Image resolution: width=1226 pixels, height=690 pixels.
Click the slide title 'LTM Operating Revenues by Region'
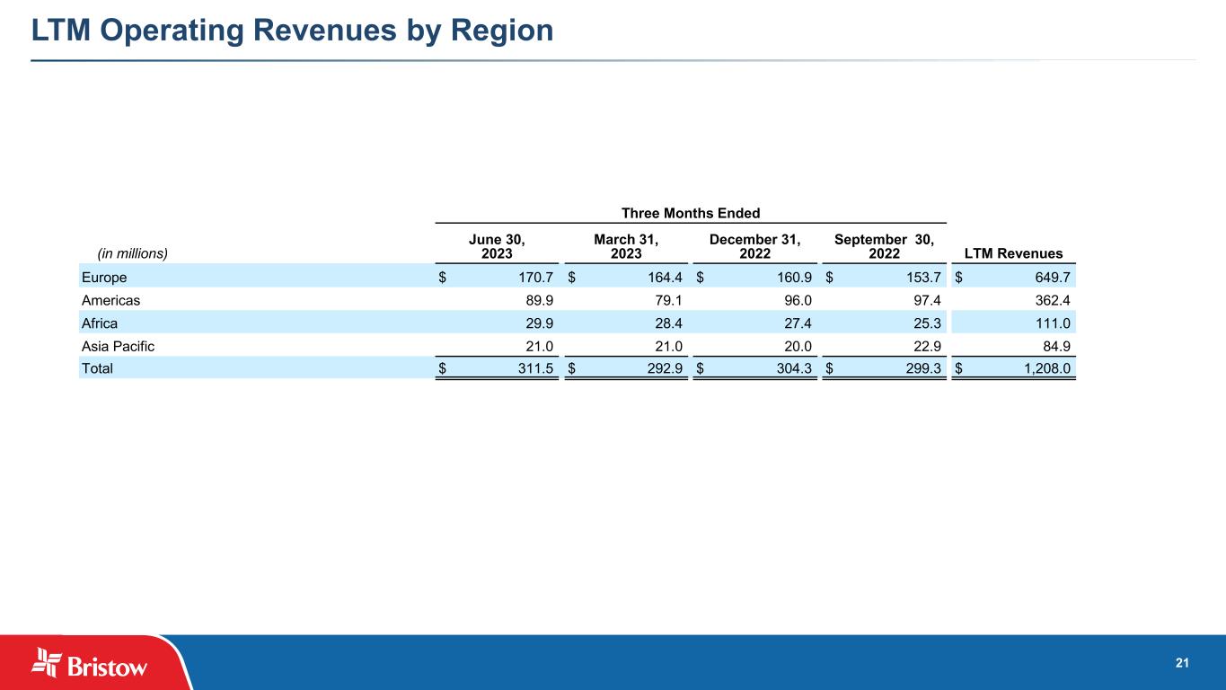[x=292, y=31]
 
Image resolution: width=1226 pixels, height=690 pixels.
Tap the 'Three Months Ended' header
[x=691, y=213]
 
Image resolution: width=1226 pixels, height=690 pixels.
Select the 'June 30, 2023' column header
[x=497, y=246]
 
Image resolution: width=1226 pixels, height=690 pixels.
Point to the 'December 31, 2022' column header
[x=754, y=246]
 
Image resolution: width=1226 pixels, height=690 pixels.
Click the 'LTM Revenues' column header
[x=1013, y=253]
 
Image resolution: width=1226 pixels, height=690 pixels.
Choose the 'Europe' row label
[x=104, y=277]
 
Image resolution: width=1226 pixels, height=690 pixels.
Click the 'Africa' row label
[x=100, y=323]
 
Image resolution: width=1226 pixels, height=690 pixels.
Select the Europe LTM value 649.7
[x=1049, y=277]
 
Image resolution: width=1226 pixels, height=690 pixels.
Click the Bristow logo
[x=90, y=663]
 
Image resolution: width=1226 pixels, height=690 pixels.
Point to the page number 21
[x=1182, y=663]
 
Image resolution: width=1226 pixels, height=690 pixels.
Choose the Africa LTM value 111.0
[x=1049, y=323]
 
